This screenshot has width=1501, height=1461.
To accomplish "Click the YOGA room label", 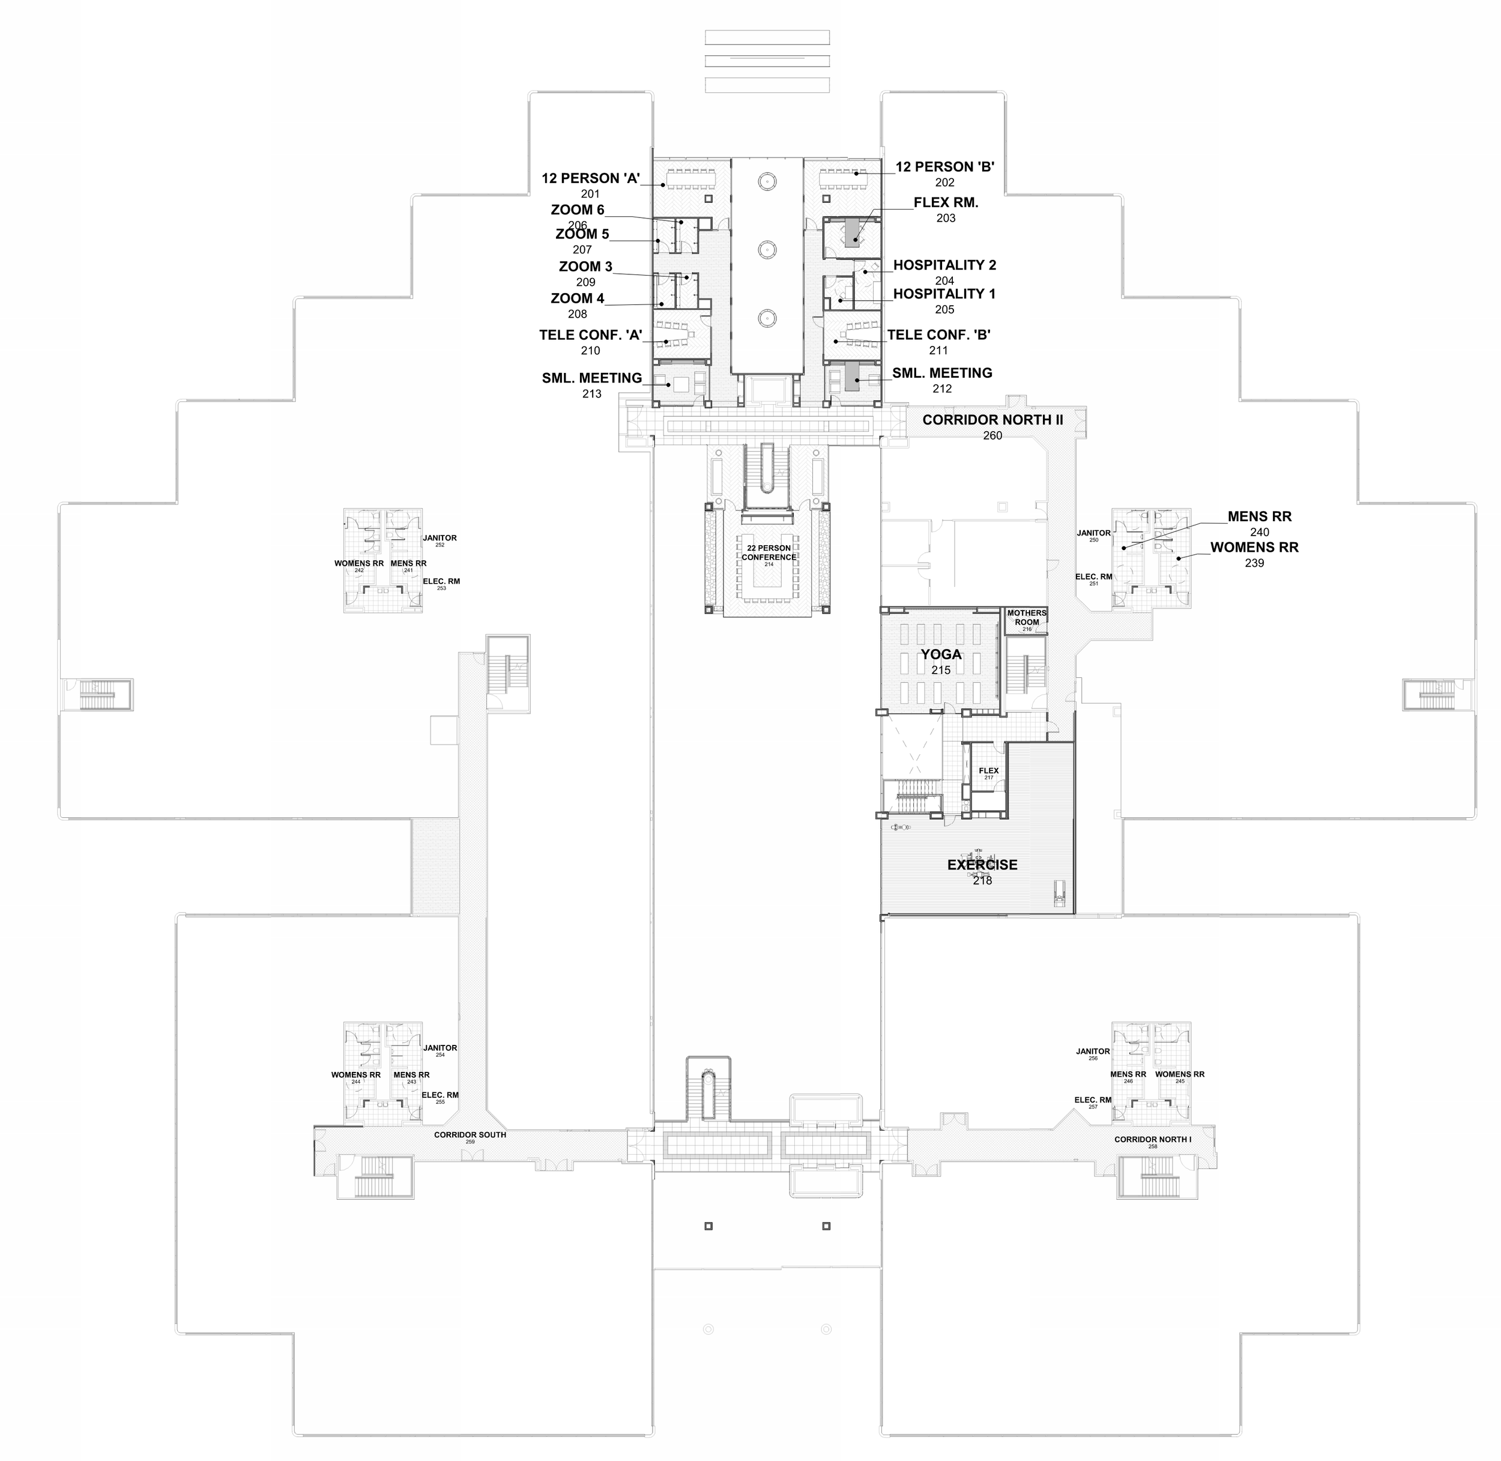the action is click(x=941, y=655).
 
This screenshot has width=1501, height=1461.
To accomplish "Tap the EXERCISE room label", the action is click(x=982, y=865).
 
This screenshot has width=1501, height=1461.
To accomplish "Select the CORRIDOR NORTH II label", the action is click(x=992, y=420).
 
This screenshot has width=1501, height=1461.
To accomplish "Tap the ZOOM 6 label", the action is click(x=577, y=210).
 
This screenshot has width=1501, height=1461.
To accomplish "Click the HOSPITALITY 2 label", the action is click(x=944, y=265).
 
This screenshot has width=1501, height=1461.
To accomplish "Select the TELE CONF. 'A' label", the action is click(x=590, y=335).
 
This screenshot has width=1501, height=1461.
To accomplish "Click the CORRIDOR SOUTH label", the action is click(x=470, y=1135).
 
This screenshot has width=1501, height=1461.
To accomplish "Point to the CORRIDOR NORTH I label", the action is click(x=1153, y=1140).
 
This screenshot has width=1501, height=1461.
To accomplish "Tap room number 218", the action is click(x=982, y=881).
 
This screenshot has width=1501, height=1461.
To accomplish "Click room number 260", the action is click(x=992, y=436).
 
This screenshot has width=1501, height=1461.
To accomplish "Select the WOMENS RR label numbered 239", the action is click(x=1254, y=548).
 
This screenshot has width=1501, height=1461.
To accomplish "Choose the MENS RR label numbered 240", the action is click(x=1259, y=517).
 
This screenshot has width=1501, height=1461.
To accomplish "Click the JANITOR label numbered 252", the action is click(x=439, y=538).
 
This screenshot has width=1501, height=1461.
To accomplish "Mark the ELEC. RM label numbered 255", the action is click(x=439, y=1095).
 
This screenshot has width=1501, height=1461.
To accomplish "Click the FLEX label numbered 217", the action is click(x=988, y=771).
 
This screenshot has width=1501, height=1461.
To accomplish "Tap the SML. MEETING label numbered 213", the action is click(x=591, y=378).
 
